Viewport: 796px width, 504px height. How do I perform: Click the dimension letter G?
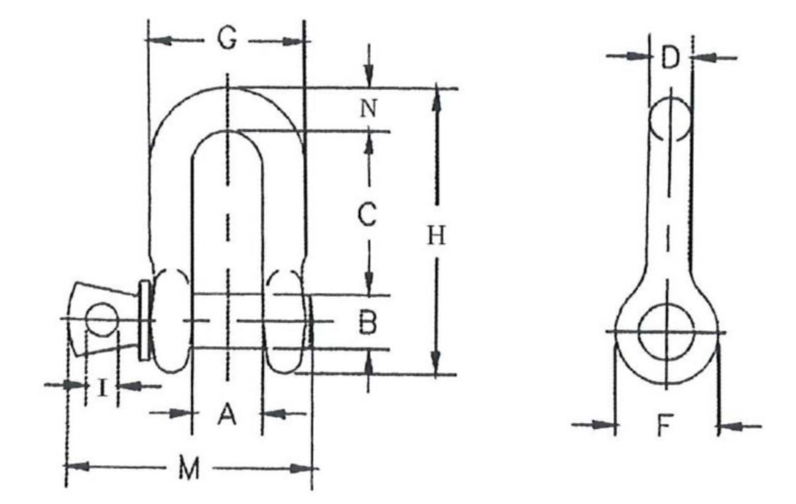click(227, 38)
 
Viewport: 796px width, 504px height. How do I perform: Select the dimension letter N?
click(369, 108)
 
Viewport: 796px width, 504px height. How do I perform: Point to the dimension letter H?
click(436, 235)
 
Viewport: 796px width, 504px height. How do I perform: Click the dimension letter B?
click(367, 322)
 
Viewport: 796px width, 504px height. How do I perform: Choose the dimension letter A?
click(227, 414)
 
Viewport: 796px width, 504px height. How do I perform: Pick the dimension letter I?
click(102, 387)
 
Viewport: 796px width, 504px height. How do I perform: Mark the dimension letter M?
click(189, 468)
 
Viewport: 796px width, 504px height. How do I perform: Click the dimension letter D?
click(670, 57)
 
